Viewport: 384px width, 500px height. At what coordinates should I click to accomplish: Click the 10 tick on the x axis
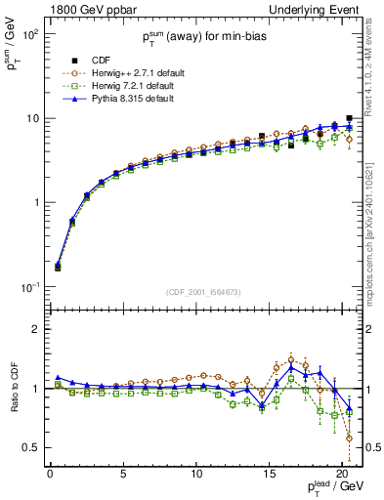(196, 474)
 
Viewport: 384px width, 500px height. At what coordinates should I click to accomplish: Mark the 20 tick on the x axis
(342, 474)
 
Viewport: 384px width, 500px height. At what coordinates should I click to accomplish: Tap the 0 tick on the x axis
(50, 474)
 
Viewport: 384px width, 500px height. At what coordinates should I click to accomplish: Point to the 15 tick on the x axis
(269, 474)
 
